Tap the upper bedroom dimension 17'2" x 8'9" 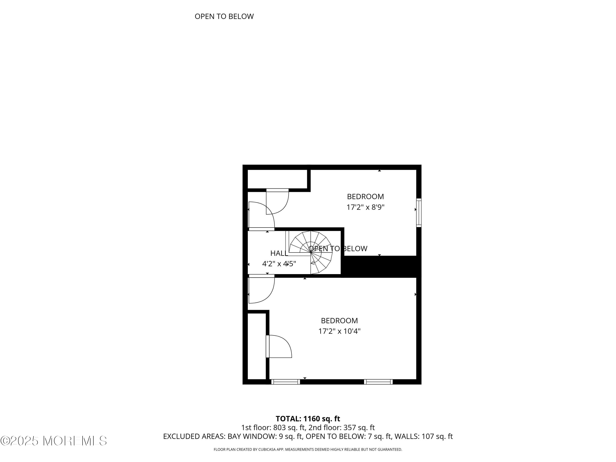coord(365,207)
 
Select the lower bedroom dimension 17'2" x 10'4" coord(339,331)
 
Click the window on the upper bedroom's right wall coord(418,213)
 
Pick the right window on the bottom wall coord(378,382)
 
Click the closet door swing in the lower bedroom coord(279,347)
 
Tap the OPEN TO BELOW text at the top coord(224,17)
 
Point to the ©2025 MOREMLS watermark coord(53,441)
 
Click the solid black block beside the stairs coord(380,267)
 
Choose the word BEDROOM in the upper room coord(365,197)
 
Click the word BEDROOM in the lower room coord(339,321)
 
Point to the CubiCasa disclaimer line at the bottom coord(308,449)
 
